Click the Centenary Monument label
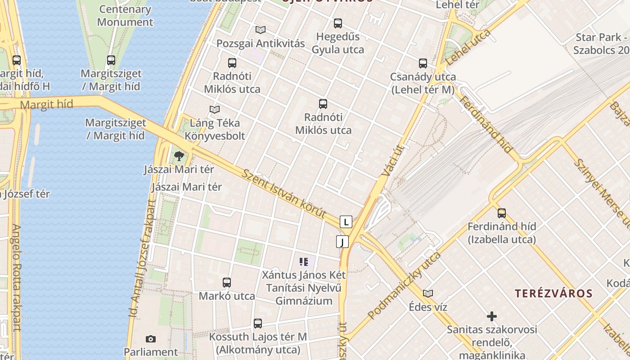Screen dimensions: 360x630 (125, 15)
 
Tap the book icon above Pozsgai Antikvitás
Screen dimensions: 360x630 (261, 30)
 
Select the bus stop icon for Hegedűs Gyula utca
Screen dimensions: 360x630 (338, 23)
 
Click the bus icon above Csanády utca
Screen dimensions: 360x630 (423, 63)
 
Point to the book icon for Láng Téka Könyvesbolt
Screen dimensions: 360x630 (215, 109)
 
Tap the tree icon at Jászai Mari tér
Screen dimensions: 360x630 (179, 156)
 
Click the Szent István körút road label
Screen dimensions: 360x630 (283, 194)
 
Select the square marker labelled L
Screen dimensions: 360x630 (346, 222)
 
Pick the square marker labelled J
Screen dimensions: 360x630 (342, 242)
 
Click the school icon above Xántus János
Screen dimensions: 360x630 (304, 261)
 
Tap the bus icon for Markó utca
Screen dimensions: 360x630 (227, 283)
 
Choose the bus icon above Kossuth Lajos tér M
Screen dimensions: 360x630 (258, 323)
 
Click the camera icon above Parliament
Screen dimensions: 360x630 (151, 339)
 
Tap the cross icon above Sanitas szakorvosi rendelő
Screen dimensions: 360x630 (492, 316)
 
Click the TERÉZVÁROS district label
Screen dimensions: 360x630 (553, 294)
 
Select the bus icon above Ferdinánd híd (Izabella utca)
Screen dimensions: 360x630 (502, 213)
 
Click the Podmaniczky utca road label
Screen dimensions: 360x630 (404, 286)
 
